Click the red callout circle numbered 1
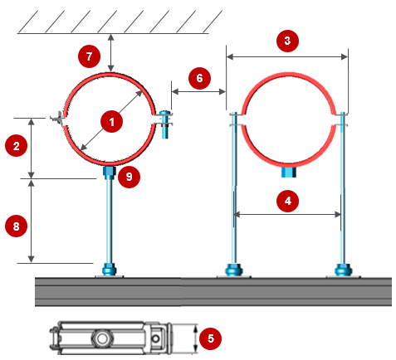(111, 122)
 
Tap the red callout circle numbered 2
(17, 146)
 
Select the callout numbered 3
(287, 41)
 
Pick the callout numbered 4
(288, 201)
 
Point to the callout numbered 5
(211, 338)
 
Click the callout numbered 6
(199, 78)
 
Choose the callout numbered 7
(89, 56)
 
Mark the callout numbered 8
(17, 226)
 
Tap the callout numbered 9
(129, 177)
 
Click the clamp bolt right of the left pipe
(165, 124)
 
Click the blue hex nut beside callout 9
(109, 173)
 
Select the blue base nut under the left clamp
(109, 270)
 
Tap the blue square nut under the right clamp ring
(289, 172)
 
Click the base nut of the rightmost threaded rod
(344, 270)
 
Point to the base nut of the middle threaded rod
(234, 270)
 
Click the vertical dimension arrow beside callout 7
(111, 53)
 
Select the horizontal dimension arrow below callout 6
(198, 91)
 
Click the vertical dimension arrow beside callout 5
(196, 339)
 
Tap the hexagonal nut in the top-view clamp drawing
(101, 338)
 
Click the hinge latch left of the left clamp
(57, 119)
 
